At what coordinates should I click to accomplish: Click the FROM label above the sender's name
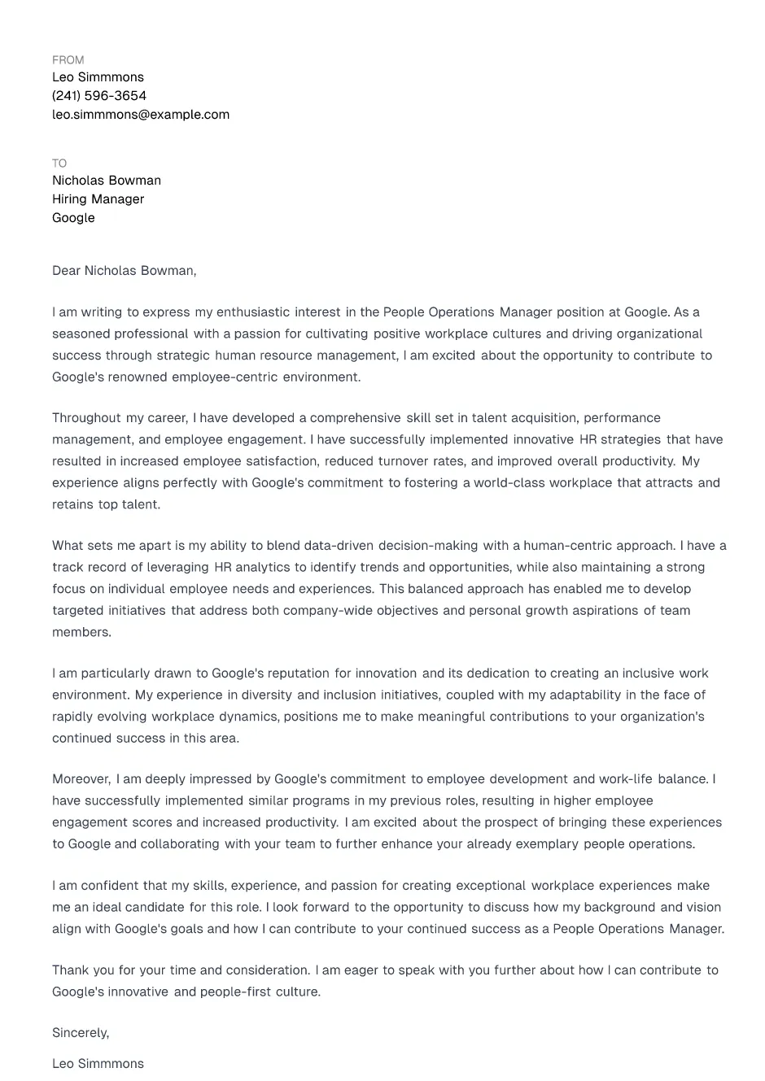pos(68,60)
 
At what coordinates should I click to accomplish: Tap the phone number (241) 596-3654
pos(99,96)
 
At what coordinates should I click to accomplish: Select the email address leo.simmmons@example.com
pos(141,115)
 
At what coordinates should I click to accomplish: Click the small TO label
pos(59,163)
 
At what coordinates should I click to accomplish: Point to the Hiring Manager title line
pos(98,199)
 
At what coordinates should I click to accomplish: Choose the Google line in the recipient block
pos(73,218)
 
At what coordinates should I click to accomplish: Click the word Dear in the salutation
pos(67,271)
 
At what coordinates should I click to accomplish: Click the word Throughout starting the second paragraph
pos(87,418)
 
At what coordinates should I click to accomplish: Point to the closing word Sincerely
pos(80,1033)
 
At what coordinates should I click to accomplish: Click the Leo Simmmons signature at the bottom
pos(98,1064)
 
